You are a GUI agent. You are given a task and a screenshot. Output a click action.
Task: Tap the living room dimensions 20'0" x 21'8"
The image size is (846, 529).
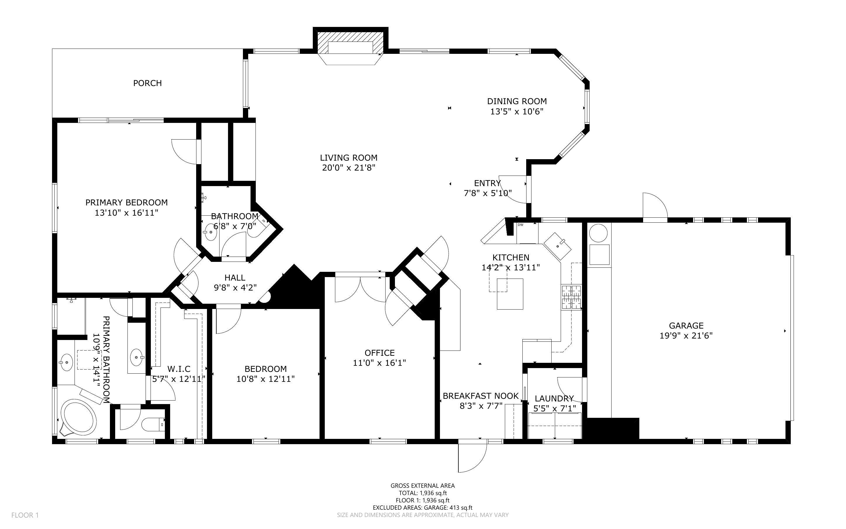click(x=348, y=168)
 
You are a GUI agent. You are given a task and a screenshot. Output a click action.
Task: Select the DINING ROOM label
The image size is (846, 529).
click(x=517, y=102)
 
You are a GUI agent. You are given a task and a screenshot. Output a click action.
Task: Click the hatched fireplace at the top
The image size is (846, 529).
click(x=350, y=43)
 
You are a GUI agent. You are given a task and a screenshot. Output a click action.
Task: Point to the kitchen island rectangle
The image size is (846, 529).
click(x=510, y=294)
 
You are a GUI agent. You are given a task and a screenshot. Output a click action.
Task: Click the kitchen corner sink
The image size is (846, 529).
click(x=557, y=246)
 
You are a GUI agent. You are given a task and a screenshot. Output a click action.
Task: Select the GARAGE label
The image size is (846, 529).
click(x=686, y=326)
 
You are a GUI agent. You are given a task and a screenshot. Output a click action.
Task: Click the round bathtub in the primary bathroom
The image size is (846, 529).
click(x=79, y=418)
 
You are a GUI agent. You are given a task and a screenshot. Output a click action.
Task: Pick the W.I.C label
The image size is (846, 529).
click(x=179, y=369)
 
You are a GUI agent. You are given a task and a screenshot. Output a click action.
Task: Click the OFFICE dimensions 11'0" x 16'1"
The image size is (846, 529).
click(x=379, y=363)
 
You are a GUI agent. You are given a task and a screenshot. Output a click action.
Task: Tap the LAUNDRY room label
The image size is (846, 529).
click(x=554, y=399)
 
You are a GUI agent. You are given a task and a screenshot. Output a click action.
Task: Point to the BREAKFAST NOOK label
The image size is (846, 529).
click(x=481, y=396)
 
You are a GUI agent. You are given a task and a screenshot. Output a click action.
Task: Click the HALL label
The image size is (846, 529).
click(x=235, y=278)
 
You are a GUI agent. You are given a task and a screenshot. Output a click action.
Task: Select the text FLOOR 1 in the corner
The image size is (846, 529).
click(x=25, y=515)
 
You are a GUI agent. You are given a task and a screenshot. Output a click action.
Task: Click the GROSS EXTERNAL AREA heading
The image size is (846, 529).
click(x=422, y=486)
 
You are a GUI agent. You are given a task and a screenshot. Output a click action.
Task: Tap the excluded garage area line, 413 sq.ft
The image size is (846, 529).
click(x=422, y=508)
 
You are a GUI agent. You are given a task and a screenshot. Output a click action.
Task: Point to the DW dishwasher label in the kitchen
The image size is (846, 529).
click(x=520, y=225)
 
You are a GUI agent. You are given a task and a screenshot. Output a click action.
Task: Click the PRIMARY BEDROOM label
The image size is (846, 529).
click(x=127, y=202)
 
